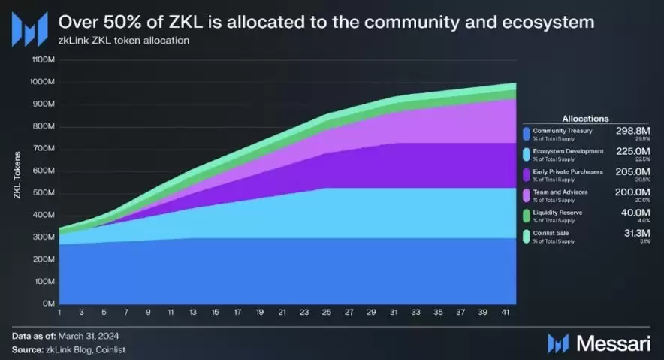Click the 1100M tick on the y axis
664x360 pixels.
tap(42, 59)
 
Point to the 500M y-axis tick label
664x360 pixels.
tap(44, 192)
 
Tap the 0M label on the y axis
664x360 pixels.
tap(47, 304)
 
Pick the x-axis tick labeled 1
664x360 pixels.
tap(59, 312)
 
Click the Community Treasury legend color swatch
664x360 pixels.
tap(526, 134)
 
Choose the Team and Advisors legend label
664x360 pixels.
tap(560, 192)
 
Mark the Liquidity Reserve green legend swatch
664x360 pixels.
tap(526, 216)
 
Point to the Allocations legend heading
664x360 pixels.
tap(585, 118)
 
